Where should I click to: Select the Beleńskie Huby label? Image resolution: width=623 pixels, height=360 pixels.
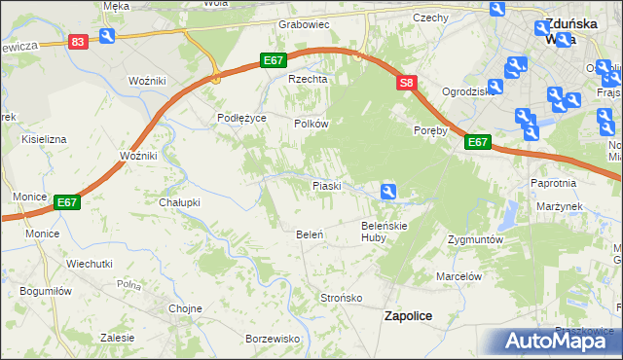tap(384, 231)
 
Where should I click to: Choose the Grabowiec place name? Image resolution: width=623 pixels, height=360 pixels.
tap(304, 23)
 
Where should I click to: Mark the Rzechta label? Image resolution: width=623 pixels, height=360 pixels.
tap(304, 80)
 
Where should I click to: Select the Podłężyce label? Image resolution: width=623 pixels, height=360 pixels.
tap(240, 117)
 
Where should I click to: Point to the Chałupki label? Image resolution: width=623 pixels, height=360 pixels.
tap(179, 202)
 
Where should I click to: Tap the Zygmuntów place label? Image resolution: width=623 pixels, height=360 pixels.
tap(474, 239)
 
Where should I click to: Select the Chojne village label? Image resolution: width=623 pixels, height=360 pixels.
tap(185, 308)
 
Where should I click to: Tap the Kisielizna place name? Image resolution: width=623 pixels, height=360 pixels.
tap(40, 139)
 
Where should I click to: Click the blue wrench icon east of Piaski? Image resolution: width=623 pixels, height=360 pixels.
tap(388, 192)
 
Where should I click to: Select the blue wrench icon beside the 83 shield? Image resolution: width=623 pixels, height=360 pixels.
tap(106, 37)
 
